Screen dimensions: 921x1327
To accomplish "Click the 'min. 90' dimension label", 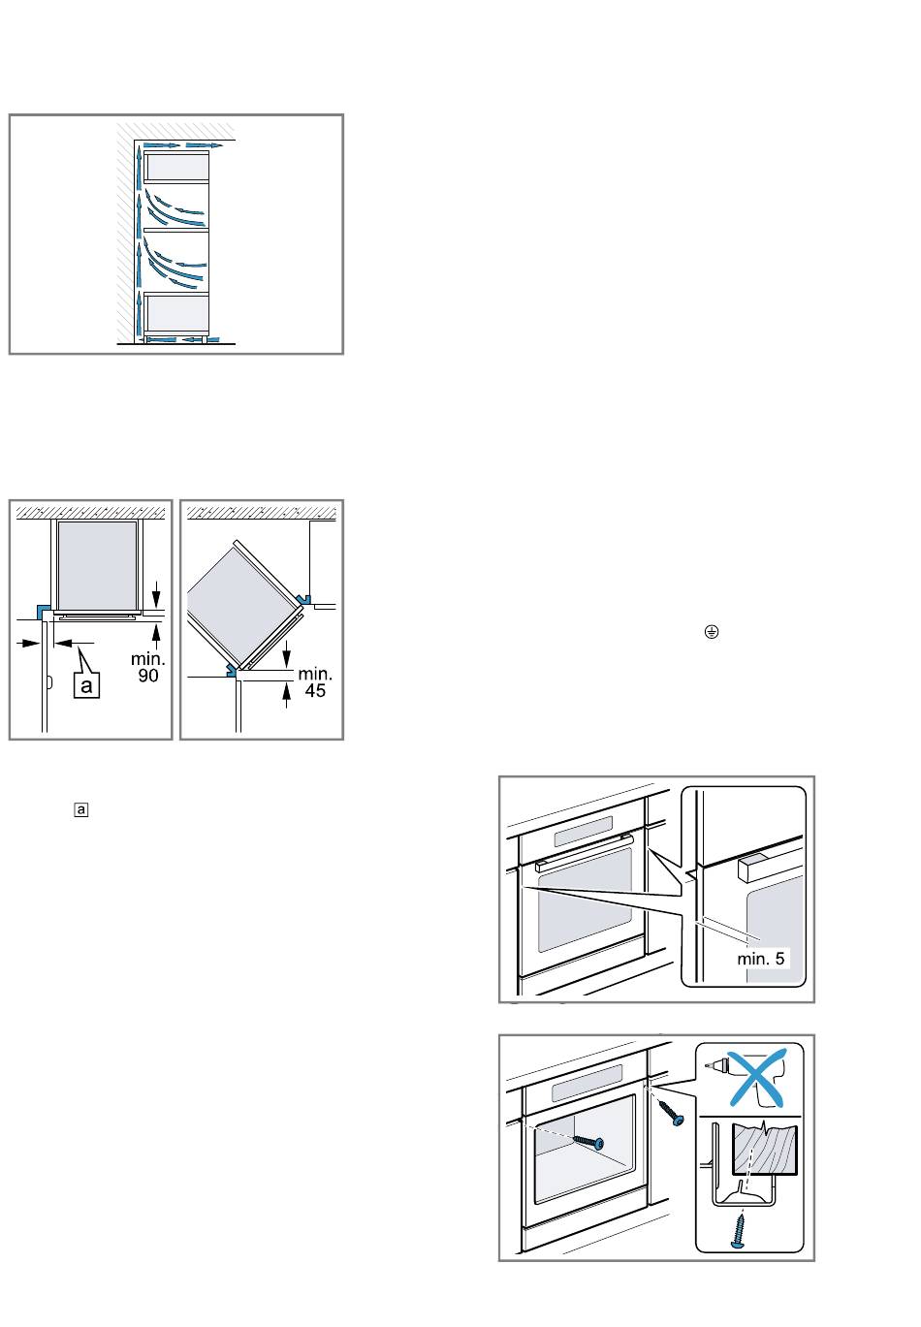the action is [x=147, y=667].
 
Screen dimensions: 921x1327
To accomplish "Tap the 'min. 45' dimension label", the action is [x=315, y=681].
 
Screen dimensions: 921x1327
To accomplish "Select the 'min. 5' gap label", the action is [x=760, y=958].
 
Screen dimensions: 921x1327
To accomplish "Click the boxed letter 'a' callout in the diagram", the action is [x=86, y=685].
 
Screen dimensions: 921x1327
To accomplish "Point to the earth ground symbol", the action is [x=712, y=631].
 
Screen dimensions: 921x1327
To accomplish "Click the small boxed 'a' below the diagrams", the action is [x=81, y=809].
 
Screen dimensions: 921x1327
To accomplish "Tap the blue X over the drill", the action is [x=757, y=1078].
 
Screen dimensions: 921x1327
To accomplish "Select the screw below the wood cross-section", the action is [x=739, y=1232].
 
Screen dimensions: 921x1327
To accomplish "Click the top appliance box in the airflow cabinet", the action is [x=176, y=167].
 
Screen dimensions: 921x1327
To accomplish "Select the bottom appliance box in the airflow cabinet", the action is [x=176, y=314].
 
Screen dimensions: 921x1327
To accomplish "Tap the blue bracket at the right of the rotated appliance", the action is [x=305, y=599].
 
